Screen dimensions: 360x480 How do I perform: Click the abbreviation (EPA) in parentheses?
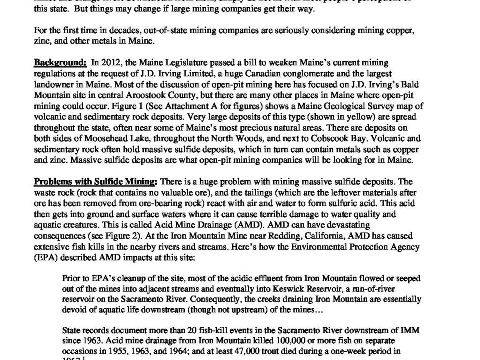45,257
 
